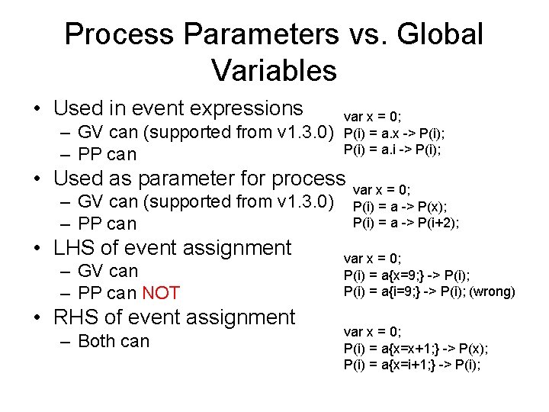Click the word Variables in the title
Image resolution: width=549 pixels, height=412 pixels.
click(x=274, y=70)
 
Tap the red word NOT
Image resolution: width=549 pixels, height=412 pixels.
click(x=161, y=293)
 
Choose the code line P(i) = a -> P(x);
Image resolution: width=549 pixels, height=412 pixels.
click(x=400, y=206)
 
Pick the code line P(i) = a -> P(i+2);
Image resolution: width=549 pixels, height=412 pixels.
click(x=406, y=223)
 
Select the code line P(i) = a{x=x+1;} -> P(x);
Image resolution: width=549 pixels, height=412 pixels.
click(x=416, y=348)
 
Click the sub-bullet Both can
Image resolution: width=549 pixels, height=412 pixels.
click(x=114, y=341)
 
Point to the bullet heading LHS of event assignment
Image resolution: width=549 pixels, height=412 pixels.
click(x=172, y=247)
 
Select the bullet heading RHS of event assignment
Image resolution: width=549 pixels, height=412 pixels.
click(x=174, y=317)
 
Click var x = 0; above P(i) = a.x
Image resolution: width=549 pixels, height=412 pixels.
click(x=372, y=117)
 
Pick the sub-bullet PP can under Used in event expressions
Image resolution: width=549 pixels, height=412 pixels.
click(x=107, y=155)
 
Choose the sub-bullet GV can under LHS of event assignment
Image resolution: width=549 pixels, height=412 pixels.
click(x=108, y=271)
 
